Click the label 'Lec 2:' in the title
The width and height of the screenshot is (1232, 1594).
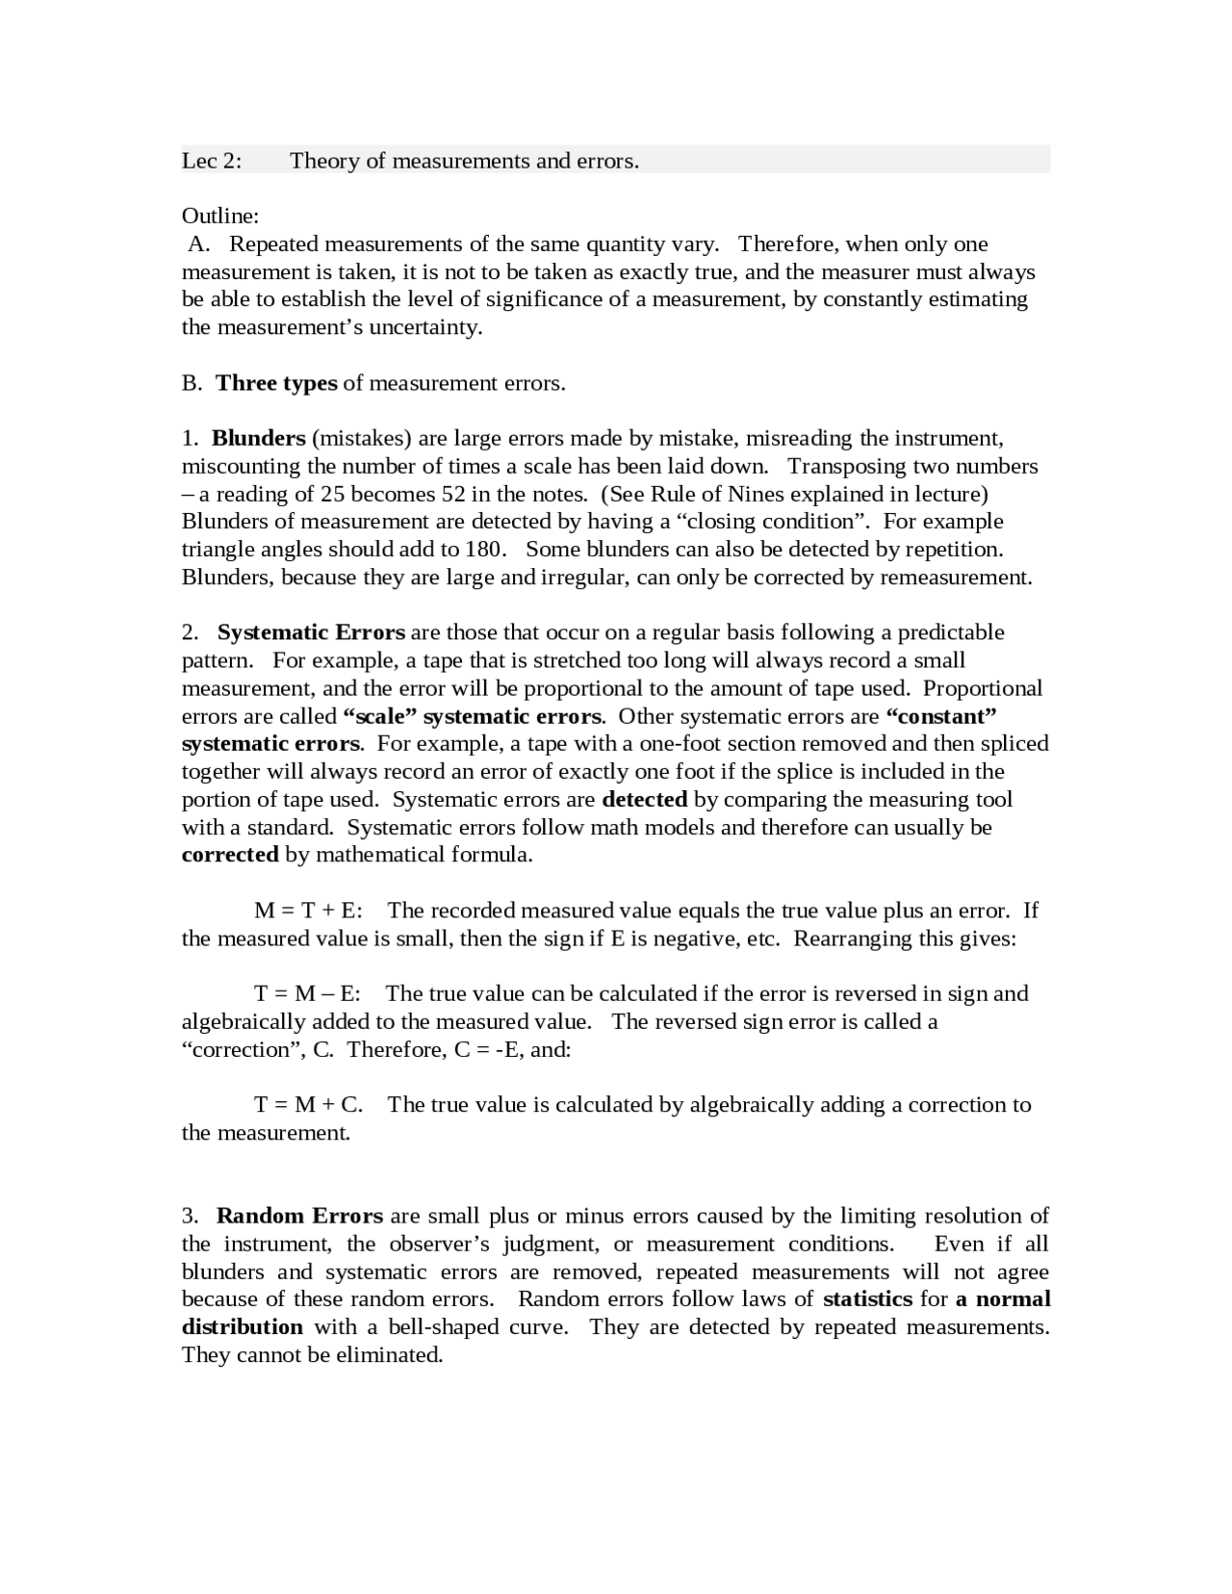tap(212, 161)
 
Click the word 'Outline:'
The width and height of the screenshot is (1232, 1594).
tap(220, 216)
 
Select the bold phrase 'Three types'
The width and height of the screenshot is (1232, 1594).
tap(276, 383)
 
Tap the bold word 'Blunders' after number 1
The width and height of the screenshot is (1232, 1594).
tap(258, 439)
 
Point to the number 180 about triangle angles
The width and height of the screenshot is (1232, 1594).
tap(484, 550)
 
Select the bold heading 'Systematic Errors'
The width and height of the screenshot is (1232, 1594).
tap(311, 632)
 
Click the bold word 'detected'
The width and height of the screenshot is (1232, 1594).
tap(644, 799)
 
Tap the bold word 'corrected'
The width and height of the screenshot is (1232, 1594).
tap(230, 855)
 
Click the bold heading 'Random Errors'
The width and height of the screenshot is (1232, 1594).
tap(299, 1216)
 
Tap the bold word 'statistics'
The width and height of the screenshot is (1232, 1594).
tap(867, 1298)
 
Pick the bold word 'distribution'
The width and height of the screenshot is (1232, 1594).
tap(243, 1326)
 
